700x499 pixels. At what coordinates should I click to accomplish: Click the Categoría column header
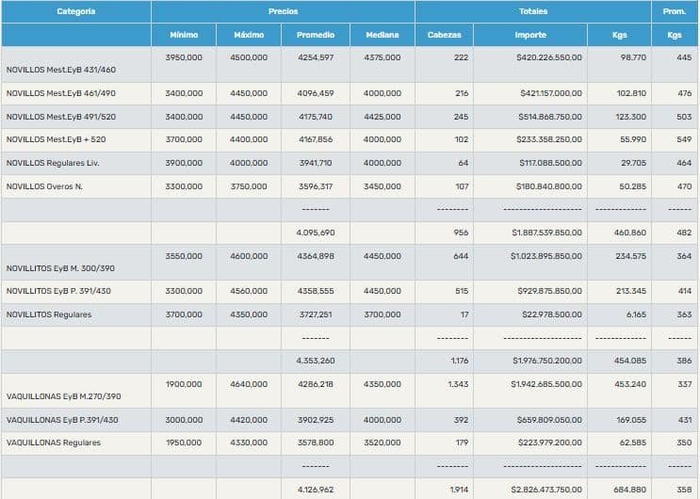coord(75,11)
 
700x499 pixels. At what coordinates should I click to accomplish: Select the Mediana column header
coord(382,35)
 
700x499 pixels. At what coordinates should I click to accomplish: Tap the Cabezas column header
coord(444,35)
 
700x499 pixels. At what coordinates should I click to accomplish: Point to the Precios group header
coord(283,11)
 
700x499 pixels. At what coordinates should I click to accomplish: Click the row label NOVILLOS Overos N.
coord(44,186)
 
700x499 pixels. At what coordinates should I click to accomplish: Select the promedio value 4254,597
coord(315,57)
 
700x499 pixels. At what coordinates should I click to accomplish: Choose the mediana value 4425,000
coord(382,116)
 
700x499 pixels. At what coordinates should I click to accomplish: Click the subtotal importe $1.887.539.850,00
coord(546,232)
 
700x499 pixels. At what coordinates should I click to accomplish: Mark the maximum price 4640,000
coord(249,384)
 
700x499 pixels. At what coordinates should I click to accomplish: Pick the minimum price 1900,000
coord(184,384)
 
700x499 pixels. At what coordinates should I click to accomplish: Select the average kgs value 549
coord(684,139)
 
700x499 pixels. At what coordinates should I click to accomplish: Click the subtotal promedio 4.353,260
coord(315,360)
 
